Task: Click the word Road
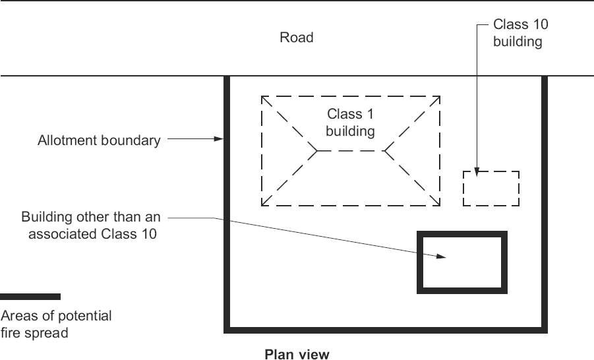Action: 296,38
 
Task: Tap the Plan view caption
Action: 297,354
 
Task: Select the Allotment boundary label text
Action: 99,140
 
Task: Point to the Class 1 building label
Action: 349,123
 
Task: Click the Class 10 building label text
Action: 521,33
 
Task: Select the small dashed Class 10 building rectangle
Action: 491,189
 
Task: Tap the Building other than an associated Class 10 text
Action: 91,224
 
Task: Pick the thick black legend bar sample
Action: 30,297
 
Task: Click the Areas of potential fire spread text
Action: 56,324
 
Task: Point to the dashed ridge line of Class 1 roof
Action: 350,151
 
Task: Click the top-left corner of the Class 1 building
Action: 262,96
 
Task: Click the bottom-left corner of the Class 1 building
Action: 262,205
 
